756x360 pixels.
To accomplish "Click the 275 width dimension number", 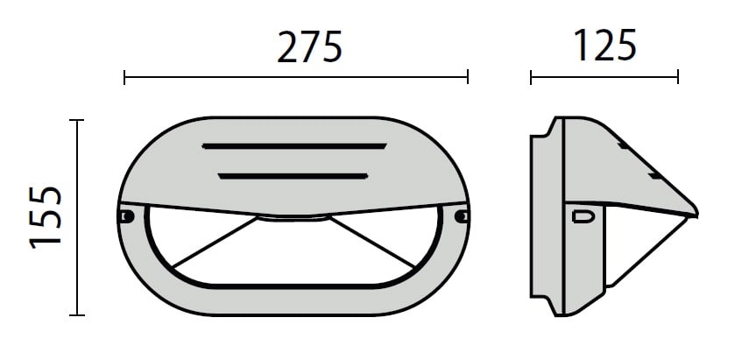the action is [x=310, y=46].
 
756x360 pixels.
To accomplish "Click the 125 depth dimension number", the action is [x=606, y=45].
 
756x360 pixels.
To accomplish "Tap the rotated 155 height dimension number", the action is [x=46, y=217].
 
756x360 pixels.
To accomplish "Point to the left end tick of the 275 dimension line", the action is [x=124, y=77].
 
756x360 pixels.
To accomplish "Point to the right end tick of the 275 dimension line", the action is [x=468, y=77].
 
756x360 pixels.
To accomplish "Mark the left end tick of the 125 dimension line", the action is [x=531, y=77].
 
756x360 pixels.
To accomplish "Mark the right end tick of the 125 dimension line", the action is [x=678, y=77].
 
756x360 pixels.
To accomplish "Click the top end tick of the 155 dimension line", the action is [x=77, y=120].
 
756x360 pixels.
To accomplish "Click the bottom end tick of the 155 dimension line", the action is [x=77, y=315].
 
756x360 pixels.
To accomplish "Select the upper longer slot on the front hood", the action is [x=294, y=146].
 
